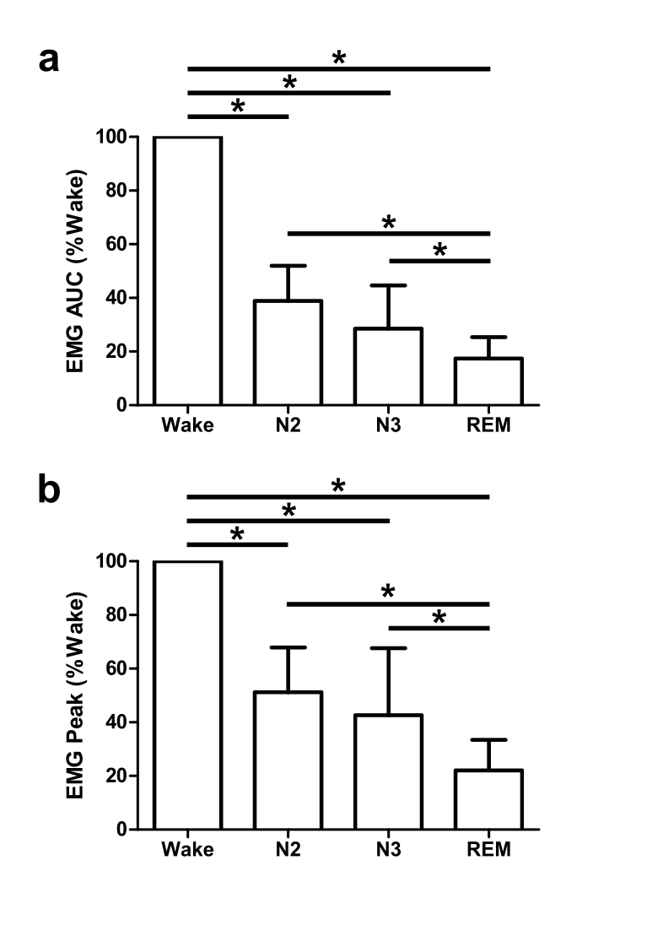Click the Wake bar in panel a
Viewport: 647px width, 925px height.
(187, 270)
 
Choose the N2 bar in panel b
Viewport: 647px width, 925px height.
(288, 760)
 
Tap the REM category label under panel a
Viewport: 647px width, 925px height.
(489, 425)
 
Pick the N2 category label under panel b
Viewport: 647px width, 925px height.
(288, 850)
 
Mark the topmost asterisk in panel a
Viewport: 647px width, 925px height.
(339, 57)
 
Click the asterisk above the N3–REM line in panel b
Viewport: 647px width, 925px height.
(439, 618)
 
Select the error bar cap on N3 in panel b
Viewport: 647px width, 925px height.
(389, 648)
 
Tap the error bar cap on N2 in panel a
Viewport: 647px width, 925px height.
(288, 266)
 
